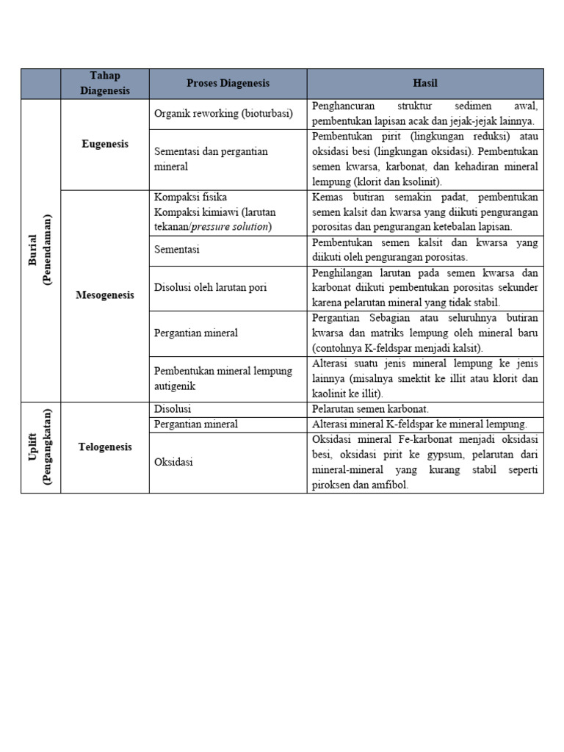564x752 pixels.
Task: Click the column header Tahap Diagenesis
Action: click(x=104, y=84)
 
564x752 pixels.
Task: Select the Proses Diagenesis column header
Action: click(x=228, y=83)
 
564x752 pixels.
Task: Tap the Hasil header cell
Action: click(x=424, y=83)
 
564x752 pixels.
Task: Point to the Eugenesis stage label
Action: click(x=104, y=144)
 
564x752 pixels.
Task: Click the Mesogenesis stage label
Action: click(x=104, y=295)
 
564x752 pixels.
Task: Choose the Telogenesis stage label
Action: click(x=104, y=446)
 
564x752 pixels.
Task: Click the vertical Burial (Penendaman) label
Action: click(x=40, y=250)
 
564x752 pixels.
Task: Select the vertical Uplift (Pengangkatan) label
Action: click(x=40, y=446)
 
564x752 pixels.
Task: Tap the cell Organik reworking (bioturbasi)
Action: click(x=223, y=114)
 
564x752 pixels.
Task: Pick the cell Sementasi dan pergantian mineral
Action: click(x=211, y=159)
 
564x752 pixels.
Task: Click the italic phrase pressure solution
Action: click(x=230, y=226)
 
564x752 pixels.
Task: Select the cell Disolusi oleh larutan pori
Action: click(x=210, y=287)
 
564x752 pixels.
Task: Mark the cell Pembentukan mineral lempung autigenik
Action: click(x=223, y=378)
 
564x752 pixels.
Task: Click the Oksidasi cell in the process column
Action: click(x=173, y=463)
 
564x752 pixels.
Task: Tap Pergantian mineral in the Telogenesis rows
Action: click(x=196, y=424)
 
